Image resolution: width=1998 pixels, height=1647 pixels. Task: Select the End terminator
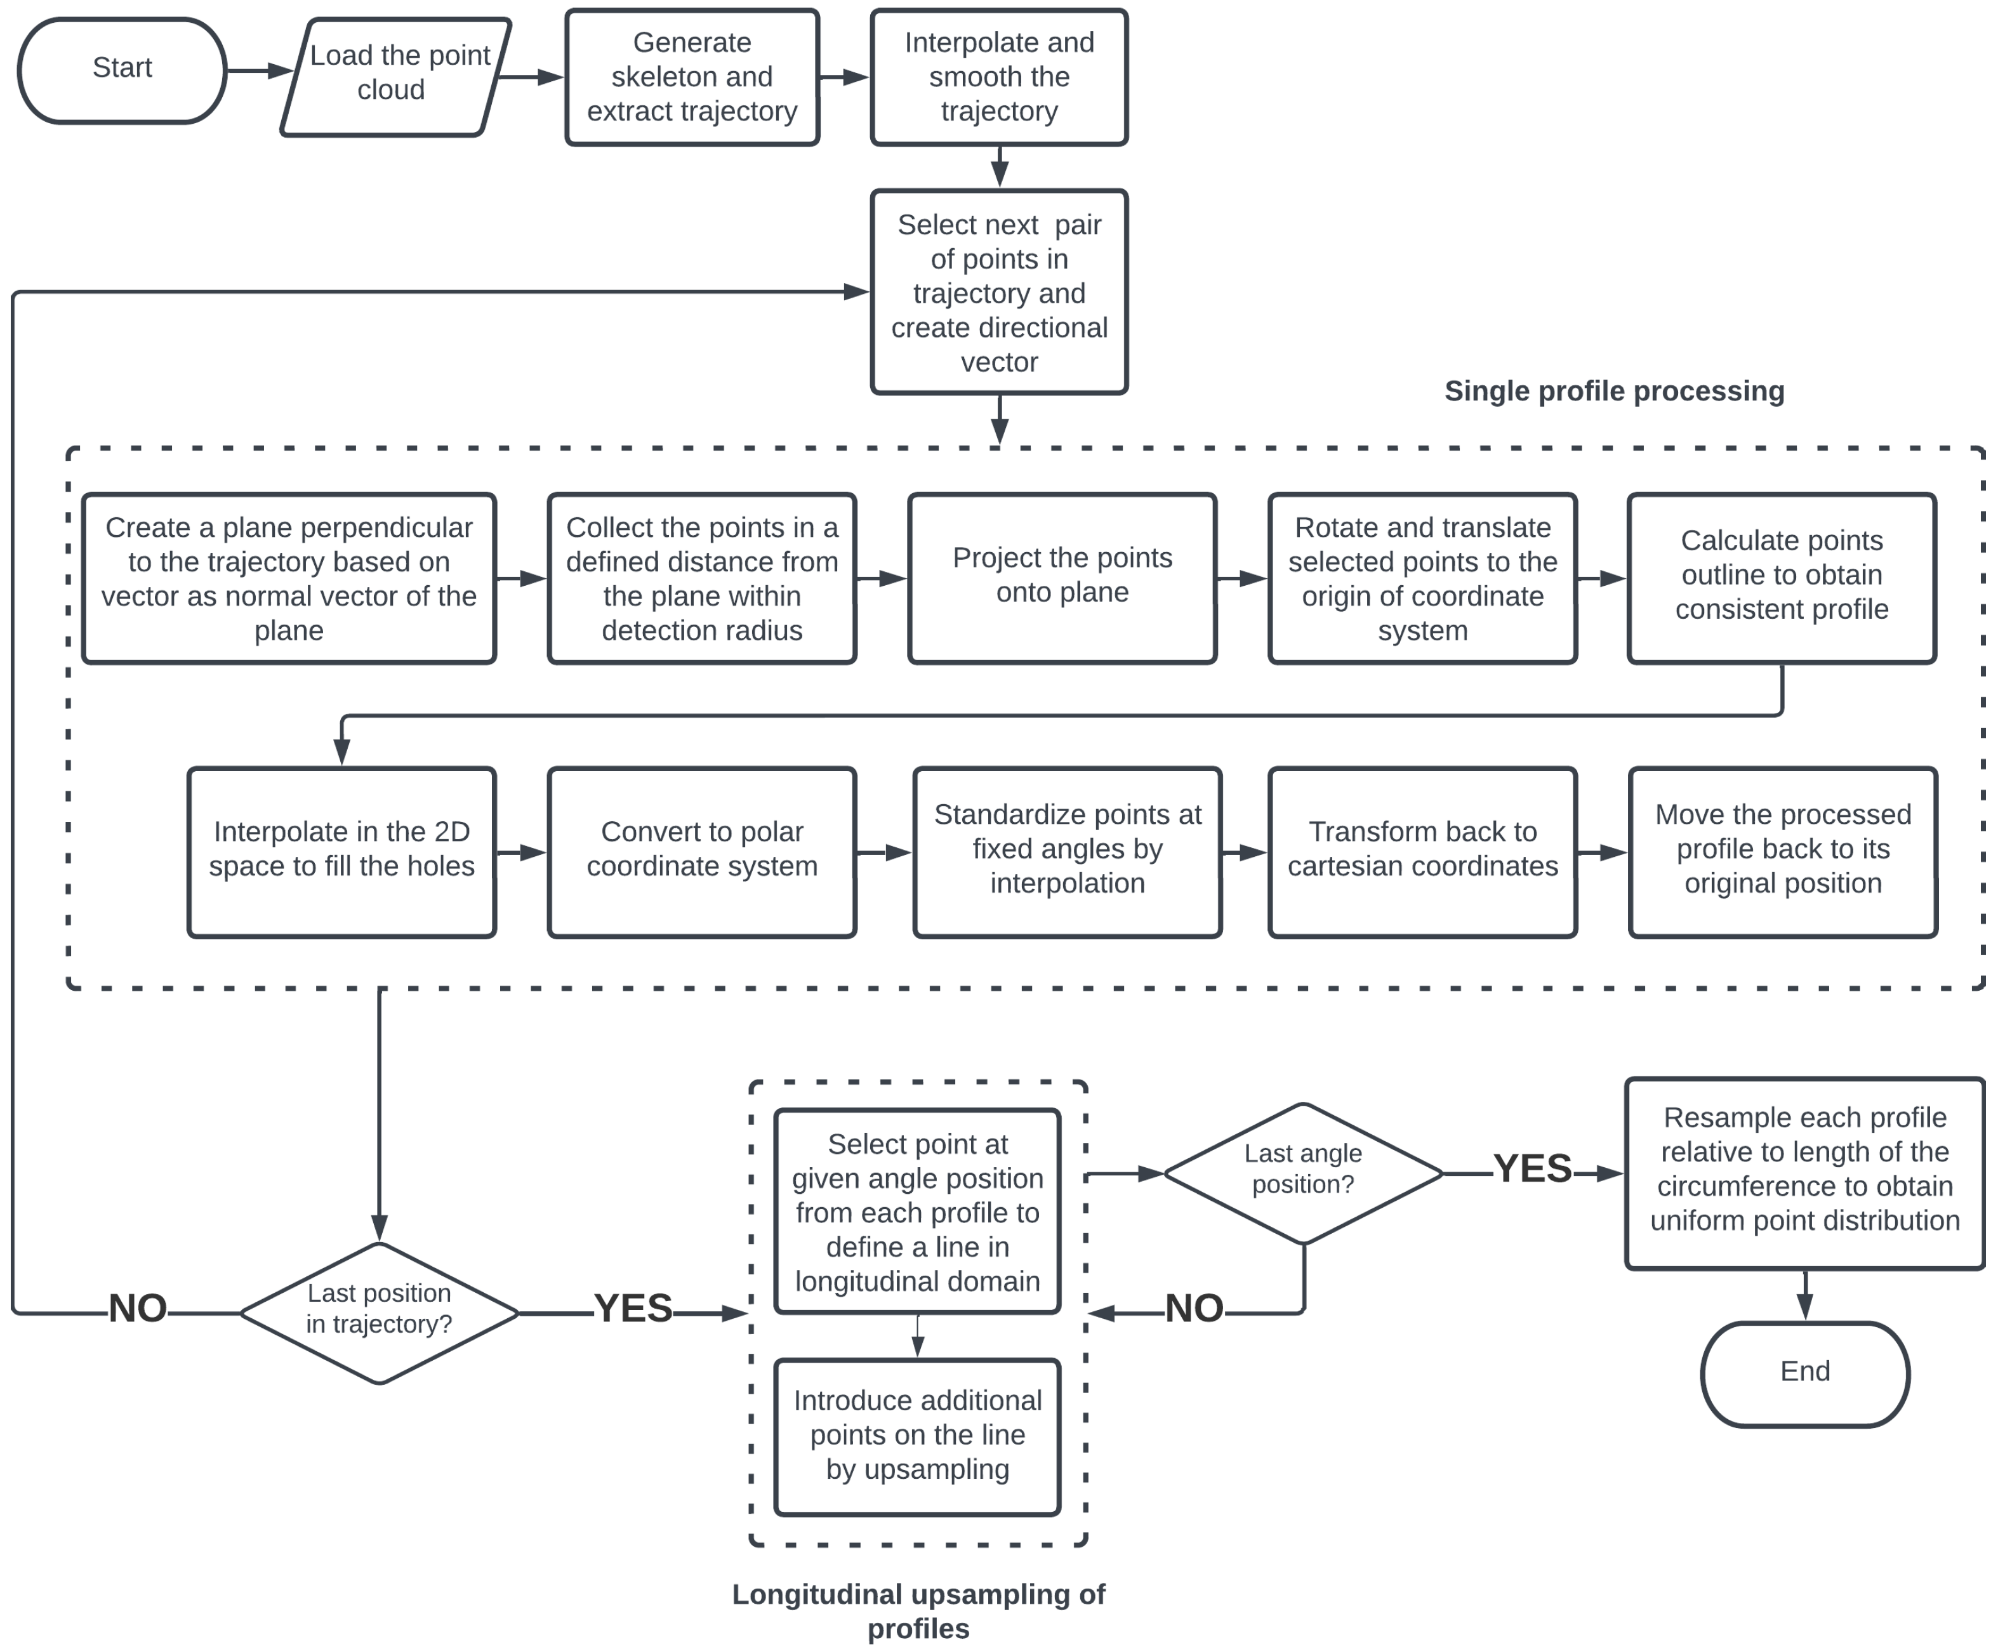(1804, 1373)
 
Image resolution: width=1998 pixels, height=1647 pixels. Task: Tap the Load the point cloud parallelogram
(395, 77)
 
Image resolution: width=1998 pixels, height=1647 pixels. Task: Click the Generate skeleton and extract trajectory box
(692, 77)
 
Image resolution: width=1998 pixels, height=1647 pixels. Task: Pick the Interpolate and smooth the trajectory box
(999, 77)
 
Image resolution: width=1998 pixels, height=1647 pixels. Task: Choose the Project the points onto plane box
(1062, 578)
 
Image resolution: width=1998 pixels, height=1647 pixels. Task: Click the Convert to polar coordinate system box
(701, 852)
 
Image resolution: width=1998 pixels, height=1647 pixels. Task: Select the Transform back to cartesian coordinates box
(1422, 852)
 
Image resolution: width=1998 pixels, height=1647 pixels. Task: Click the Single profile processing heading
(1614, 391)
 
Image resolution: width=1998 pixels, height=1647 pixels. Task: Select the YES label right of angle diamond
(1532, 1169)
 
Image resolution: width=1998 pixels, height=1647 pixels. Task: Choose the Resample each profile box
(1804, 1173)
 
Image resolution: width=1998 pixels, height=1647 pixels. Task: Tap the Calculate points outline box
(1782, 578)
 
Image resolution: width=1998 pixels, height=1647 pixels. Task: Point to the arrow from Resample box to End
(1804, 1295)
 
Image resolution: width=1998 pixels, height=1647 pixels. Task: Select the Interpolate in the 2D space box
(341, 852)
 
